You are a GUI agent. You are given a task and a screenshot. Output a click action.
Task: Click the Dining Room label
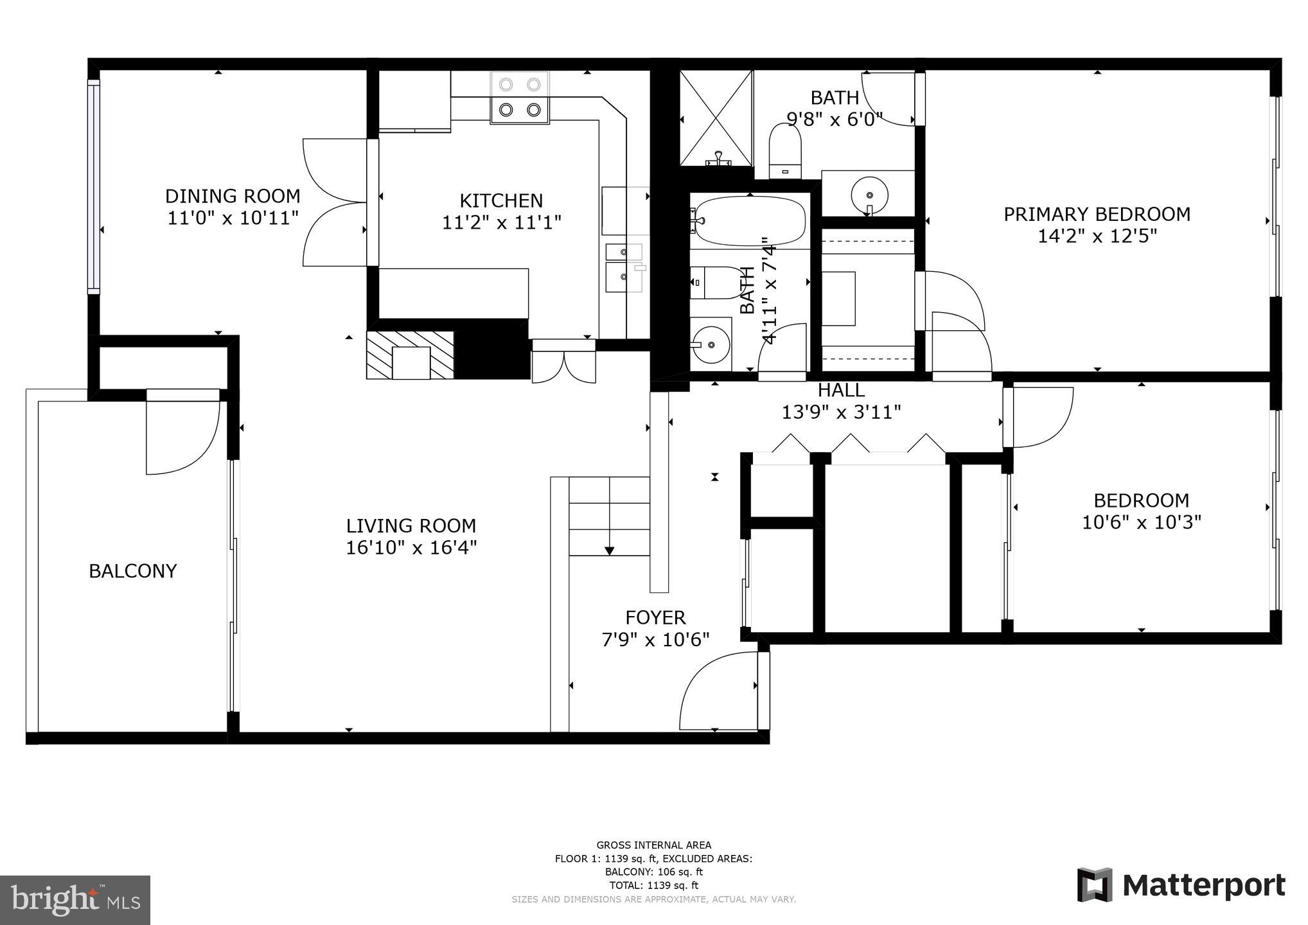pos(233,196)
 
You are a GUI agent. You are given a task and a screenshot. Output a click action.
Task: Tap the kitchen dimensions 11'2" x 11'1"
pos(501,223)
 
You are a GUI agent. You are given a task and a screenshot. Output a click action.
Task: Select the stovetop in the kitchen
pos(520,98)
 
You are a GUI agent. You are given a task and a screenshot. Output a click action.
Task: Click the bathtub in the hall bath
pos(749,221)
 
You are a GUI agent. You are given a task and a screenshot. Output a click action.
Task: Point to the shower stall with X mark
pos(716,118)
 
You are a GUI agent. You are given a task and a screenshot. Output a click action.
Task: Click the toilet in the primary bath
pos(786,151)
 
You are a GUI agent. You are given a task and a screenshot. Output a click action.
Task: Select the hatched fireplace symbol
pos(410,355)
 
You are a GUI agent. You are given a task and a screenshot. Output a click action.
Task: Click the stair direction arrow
pos(609,550)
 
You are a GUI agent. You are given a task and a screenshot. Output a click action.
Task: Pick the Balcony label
pos(132,571)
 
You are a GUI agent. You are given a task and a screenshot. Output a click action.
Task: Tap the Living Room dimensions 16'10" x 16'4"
pos(411,548)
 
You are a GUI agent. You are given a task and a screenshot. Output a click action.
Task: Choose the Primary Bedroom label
pos(1097,214)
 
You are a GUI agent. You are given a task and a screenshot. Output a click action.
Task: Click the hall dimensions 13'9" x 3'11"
pos(841,412)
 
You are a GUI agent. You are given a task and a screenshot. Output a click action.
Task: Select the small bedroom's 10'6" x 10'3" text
pos(1141,522)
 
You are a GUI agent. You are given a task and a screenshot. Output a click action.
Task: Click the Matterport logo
pos(1181,886)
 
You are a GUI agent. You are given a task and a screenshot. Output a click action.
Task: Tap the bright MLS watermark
pos(75,900)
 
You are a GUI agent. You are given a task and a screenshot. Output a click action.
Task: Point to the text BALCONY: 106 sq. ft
pos(653,872)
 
